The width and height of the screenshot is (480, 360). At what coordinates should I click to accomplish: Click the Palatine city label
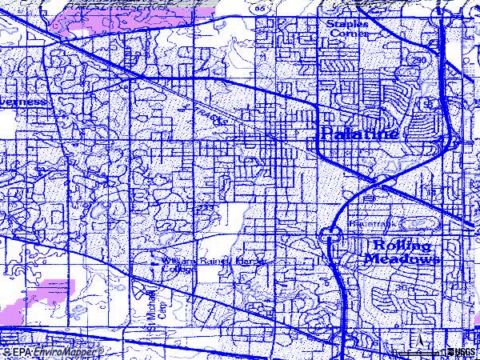[358, 134]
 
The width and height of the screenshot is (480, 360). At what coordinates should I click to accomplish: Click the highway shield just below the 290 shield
[430, 104]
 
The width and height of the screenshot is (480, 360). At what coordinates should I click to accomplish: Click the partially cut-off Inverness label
[24, 103]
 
